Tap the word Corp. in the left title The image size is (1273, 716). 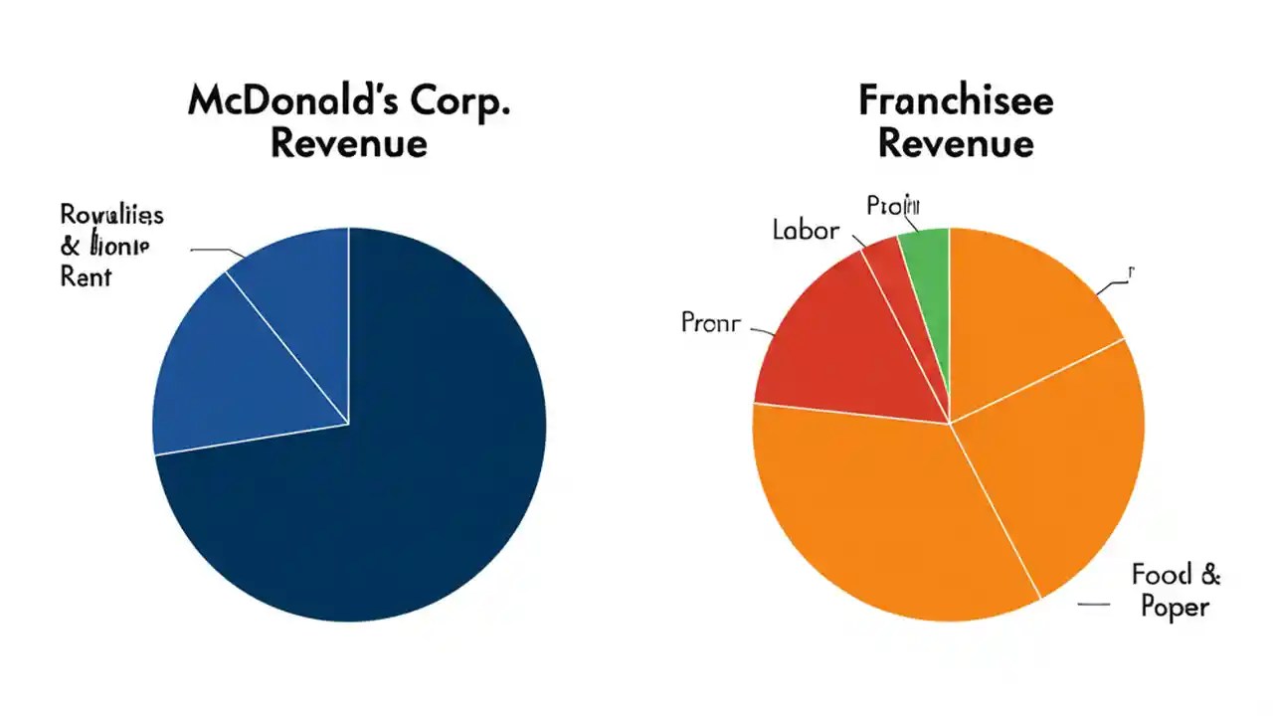point(458,102)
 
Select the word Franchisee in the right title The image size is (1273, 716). point(956,100)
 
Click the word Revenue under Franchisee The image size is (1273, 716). point(956,143)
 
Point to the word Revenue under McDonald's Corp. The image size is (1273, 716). point(348,143)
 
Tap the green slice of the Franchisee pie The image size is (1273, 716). point(928,268)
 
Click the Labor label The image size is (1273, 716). point(806,231)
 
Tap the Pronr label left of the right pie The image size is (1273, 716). point(710,322)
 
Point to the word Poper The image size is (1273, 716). point(1175,608)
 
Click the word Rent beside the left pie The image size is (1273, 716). point(86,276)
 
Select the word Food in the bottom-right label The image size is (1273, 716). point(1160,574)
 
